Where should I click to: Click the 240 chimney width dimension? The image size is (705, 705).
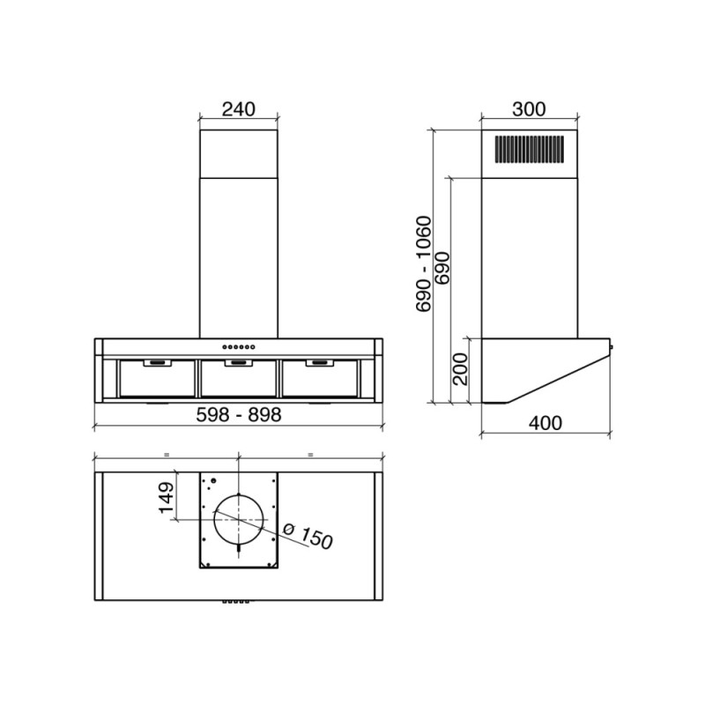pyautogui.click(x=238, y=109)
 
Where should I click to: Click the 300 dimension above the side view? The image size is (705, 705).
pyautogui.click(x=529, y=109)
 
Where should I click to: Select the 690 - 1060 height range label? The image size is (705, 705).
pyautogui.click(x=424, y=263)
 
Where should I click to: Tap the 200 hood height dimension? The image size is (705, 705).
pyautogui.click(x=460, y=368)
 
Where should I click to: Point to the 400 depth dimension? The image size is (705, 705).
pyautogui.click(x=545, y=423)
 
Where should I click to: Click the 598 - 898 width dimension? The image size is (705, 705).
pyautogui.click(x=239, y=415)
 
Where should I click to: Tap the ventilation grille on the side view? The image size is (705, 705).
pyautogui.click(x=528, y=150)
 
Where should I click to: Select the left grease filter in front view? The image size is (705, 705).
pyautogui.click(x=156, y=377)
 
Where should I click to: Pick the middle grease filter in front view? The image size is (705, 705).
pyautogui.click(x=238, y=377)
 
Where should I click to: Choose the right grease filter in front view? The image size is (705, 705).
pyautogui.click(x=319, y=377)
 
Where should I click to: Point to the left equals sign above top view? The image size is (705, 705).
pyautogui.click(x=166, y=454)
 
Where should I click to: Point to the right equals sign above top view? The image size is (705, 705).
pyautogui.click(x=310, y=454)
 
